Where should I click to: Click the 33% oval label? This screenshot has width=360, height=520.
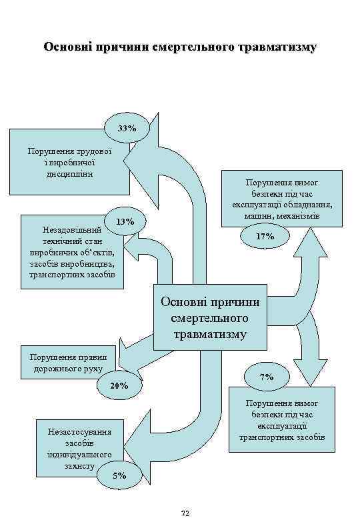click(127, 127)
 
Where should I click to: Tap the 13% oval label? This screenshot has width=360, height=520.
click(125, 221)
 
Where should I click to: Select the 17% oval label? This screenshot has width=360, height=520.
click(265, 236)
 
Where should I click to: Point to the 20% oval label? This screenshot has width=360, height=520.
click(119, 385)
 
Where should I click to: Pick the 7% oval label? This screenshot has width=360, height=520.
click(266, 377)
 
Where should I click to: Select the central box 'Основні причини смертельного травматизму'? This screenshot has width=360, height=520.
click(210, 317)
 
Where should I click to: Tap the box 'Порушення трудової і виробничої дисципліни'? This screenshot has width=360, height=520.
click(69, 162)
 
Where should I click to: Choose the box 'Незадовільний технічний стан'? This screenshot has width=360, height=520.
click(72, 251)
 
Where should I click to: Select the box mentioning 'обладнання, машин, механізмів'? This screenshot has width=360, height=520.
click(285, 199)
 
